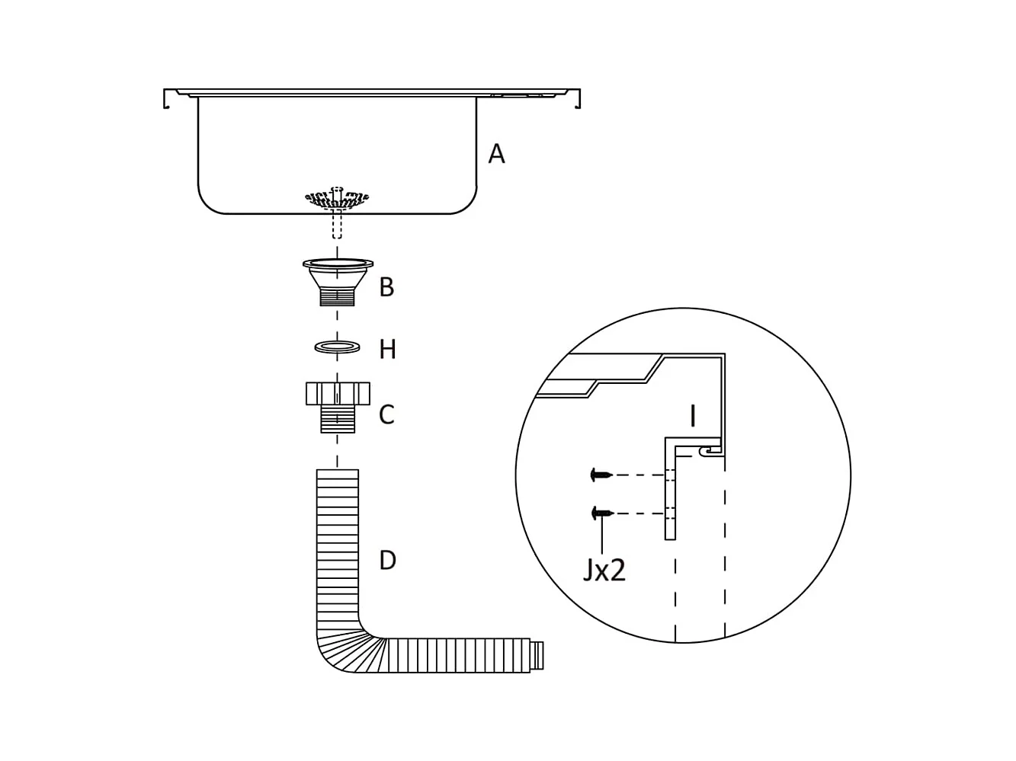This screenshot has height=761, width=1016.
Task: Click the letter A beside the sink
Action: (496, 154)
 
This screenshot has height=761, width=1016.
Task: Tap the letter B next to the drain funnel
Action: (386, 287)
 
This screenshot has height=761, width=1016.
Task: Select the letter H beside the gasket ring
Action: (387, 350)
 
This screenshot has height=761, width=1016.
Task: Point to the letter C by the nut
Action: (386, 414)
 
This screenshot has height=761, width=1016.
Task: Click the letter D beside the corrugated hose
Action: (387, 561)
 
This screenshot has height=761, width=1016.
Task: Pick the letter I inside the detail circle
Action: (693, 416)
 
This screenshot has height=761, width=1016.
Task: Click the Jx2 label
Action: (604, 571)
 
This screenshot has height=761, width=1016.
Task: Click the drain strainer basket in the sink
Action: (337, 199)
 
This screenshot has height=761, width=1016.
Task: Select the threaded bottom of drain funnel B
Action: (338, 297)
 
